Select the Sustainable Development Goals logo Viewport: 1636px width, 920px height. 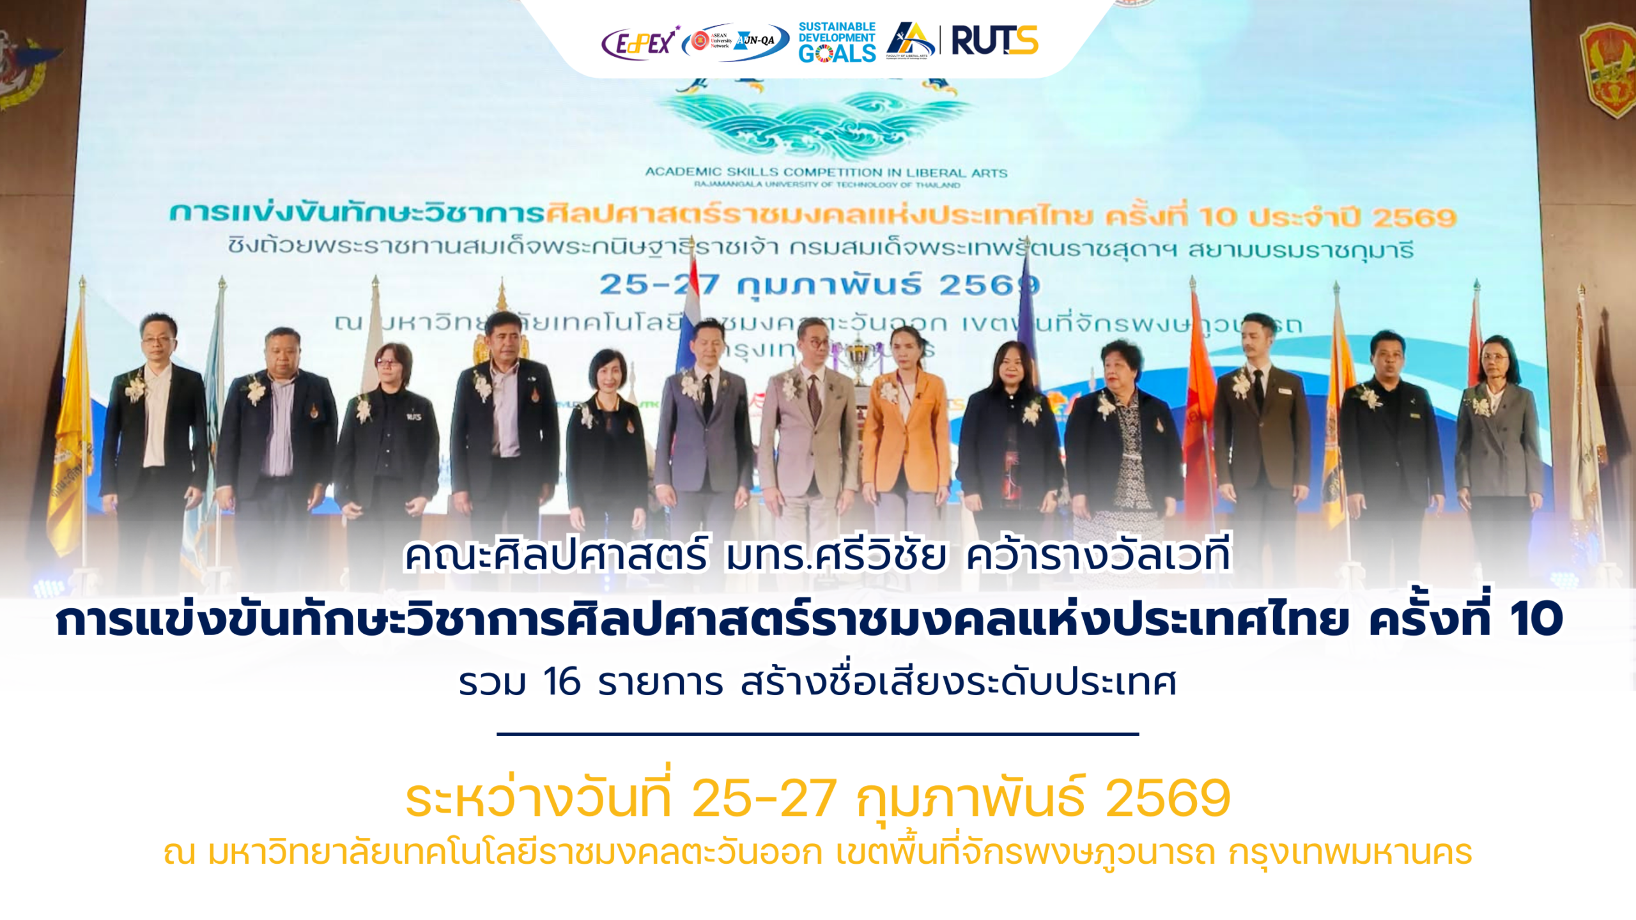(x=837, y=43)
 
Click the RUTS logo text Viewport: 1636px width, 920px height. (x=994, y=41)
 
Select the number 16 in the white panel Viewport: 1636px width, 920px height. (x=561, y=682)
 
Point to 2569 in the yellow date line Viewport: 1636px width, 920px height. (x=1167, y=798)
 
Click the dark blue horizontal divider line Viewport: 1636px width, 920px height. (x=817, y=734)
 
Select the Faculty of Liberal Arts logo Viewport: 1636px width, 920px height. (x=910, y=40)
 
